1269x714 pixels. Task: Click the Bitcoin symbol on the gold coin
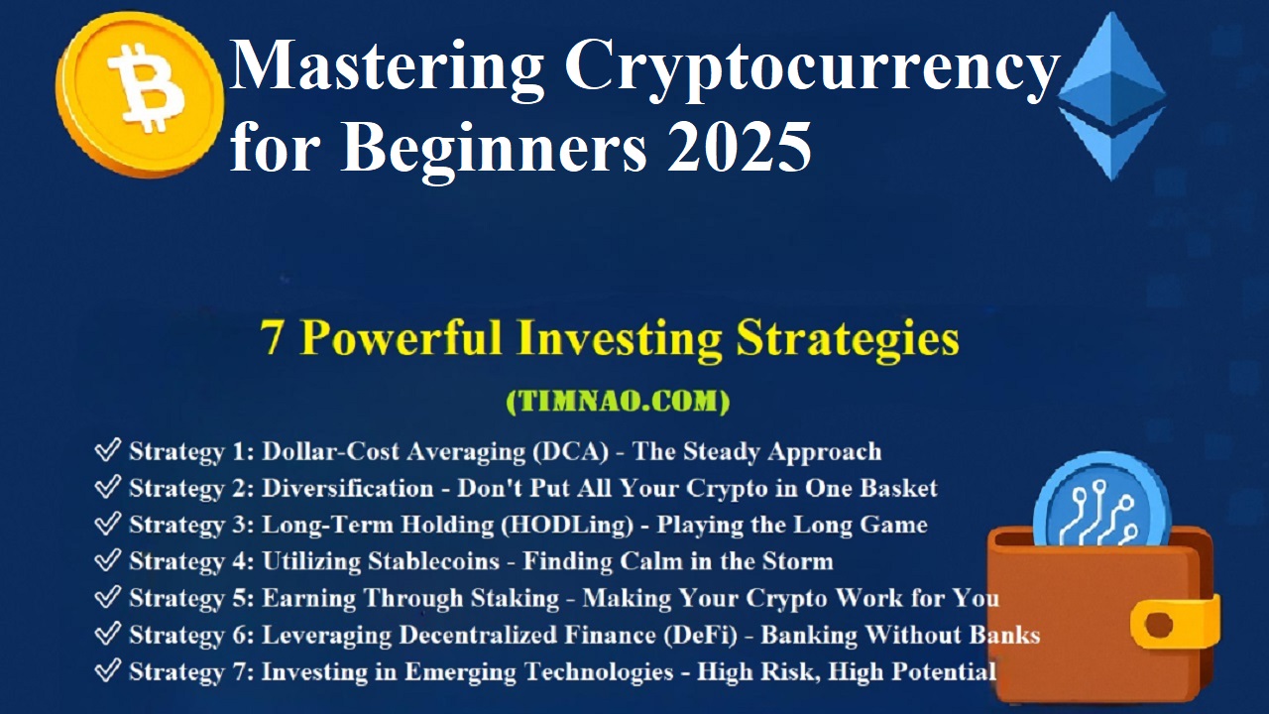[146, 88]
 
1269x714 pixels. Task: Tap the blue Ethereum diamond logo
[1111, 96]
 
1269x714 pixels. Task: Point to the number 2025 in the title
[740, 146]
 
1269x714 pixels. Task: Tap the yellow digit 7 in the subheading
[272, 338]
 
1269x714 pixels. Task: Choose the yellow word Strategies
[848, 339]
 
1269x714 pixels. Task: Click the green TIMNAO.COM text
[618, 402]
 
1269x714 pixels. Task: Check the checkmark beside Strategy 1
[108, 449]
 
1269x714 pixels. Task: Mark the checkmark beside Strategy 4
[108, 559]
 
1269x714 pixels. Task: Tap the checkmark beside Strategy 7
[108, 669]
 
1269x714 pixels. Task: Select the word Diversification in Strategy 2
[347, 489]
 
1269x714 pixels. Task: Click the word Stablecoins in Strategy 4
[434, 561]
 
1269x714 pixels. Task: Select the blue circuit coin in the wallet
[1101, 502]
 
